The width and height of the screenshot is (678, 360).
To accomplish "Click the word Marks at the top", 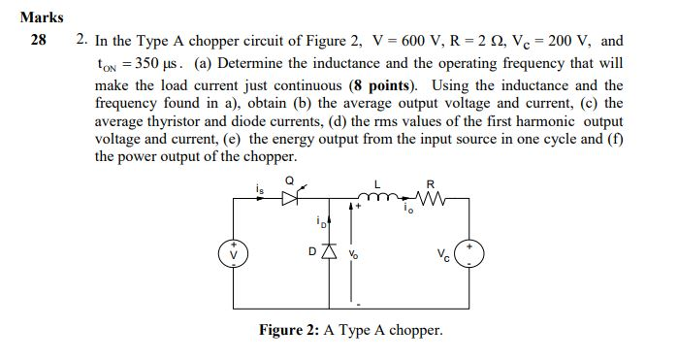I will tap(41, 16).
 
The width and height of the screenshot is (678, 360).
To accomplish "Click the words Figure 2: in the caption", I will tap(288, 330).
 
